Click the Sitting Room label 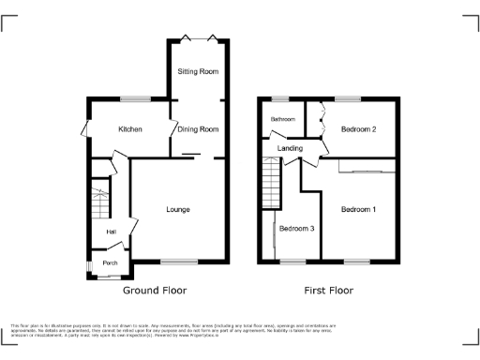[x=198, y=71]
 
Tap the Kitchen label [x=129, y=128]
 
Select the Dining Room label [x=198, y=128]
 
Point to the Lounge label [x=177, y=208]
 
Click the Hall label [x=111, y=232]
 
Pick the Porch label [x=110, y=262]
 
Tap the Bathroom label [x=283, y=119]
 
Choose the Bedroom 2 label [x=358, y=128]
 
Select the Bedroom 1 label [x=358, y=208]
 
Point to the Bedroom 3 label [x=298, y=228]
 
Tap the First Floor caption [x=328, y=291]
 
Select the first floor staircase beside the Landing [x=271, y=182]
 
